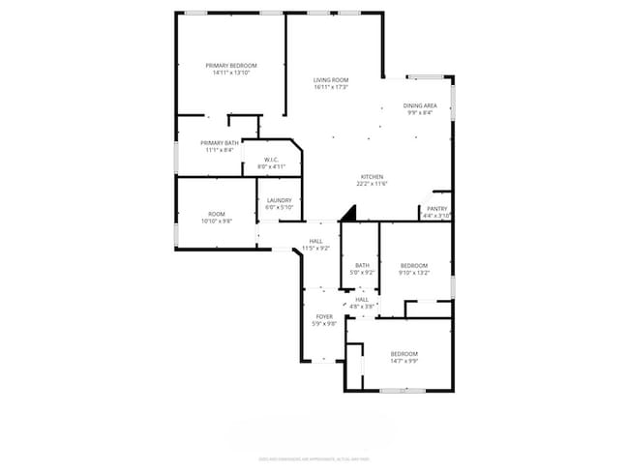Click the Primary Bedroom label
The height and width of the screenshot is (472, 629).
pos(230,65)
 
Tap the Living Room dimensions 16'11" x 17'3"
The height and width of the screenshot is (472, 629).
pos(331,87)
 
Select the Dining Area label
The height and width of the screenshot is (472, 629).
pos(420,104)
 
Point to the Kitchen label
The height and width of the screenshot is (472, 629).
pos(372,176)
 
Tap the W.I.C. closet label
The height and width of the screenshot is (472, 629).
pos(271,161)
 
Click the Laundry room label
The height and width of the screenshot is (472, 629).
pos(280,200)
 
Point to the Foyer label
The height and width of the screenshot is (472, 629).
pos(324,316)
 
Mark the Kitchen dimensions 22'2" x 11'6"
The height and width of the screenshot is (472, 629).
pos(372,183)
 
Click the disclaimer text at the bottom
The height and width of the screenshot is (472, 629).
pos(314,457)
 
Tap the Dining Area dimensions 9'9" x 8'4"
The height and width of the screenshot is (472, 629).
pos(420,111)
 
